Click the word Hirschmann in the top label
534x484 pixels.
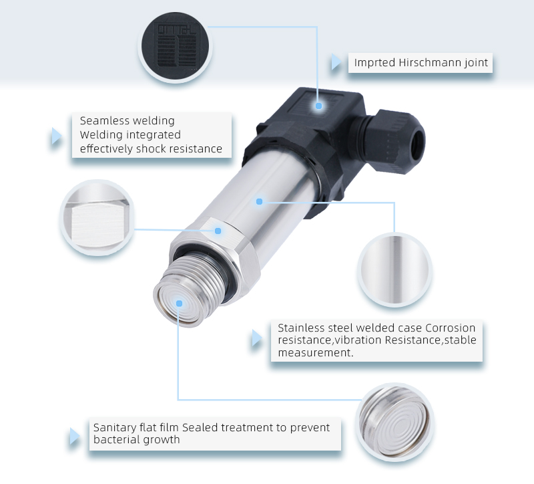point(427,64)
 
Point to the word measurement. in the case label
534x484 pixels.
point(316,352)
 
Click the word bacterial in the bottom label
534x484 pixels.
point(115,440)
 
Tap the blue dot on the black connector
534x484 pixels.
point(319,106)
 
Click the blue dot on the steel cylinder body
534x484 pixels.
point(260,201)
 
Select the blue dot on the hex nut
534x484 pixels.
point(218,231)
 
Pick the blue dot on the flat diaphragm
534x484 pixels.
point(178,303)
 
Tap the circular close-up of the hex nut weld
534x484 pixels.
point(97,218)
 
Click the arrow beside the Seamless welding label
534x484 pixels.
point(57,136)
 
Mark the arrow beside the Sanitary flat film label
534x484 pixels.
point(75,437)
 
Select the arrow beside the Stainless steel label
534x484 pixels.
point(256,340)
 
